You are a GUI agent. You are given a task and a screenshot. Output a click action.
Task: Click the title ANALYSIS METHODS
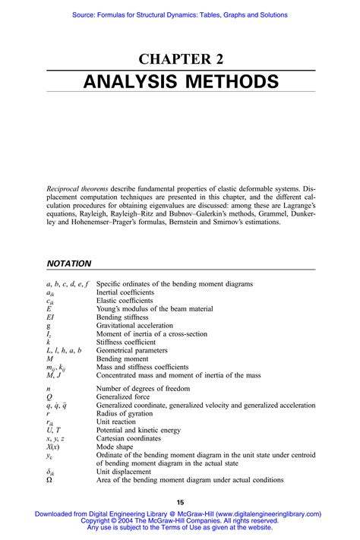coord(179,81)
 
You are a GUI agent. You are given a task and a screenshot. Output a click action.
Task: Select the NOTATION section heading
coord(69,264)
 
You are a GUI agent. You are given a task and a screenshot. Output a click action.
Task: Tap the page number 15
coord(180,502)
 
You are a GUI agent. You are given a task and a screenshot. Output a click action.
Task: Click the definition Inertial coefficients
coord(125,292)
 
